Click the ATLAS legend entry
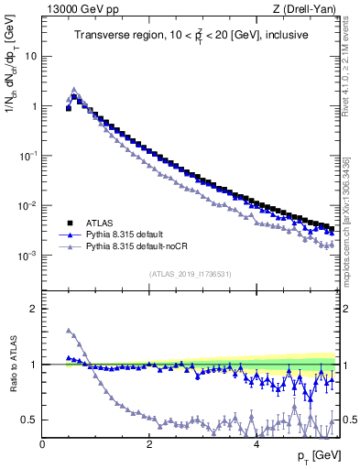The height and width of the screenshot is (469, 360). point(103,223)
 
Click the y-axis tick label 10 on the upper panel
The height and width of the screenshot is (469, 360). point(30,55)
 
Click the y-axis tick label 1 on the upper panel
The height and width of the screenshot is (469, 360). point(33,105)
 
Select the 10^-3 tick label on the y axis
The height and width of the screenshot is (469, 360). point(27,256)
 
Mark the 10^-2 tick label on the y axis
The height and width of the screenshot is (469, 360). point(27,205)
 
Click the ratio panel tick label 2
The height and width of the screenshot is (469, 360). point(33,309)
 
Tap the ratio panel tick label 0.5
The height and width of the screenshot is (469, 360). point(29,420)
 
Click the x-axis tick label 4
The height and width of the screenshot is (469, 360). point(256,444)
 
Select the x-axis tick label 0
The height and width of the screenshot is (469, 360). point(43,444)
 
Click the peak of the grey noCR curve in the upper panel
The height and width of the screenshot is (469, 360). point(74,90)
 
